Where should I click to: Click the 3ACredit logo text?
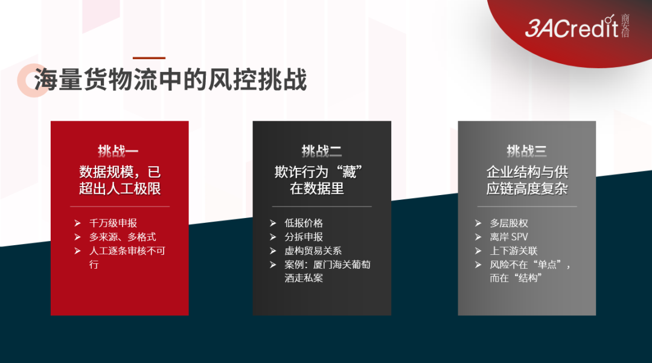pyautogui.click(x=572, y=28)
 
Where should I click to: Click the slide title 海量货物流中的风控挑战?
pyautogui.click(x=170, y=79)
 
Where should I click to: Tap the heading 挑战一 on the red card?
pyautogui.click(x=118, y=151)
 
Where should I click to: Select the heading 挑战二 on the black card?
pyautogui.click(x=321, y=151)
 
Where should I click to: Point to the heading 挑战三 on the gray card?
pyautogui.click(x=526, y=151)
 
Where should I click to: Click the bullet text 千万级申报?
pyautogui.click(x=113, y=223)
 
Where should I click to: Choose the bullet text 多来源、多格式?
pyautogui.click(x=123, y=237)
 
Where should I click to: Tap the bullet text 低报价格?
pyautogui.click(x=304, y=223)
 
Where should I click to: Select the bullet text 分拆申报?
pyautogui.click(x=304, y=237)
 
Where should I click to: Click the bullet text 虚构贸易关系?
pyautogui.click(x=313, y=251)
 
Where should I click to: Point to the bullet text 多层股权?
pyautogui.click(x=509, y=223)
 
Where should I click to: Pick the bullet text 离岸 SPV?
pyautogui.click(x=509, y=237)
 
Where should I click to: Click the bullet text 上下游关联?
pyautogui.click(x=514, y=251)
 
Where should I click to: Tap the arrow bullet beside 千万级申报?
pyautogui.click(x=77, y=223)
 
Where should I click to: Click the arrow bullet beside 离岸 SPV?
pyautogui.click(x=478, y=237)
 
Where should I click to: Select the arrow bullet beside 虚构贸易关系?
pyautogui.click(x=273, y=251)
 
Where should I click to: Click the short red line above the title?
pyautogui.click(x=149, y=58)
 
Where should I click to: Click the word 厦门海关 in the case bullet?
pyautogui.click(x=332, y=265)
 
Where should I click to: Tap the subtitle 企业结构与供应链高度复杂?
pyautogui.click(x=527, y=180)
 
